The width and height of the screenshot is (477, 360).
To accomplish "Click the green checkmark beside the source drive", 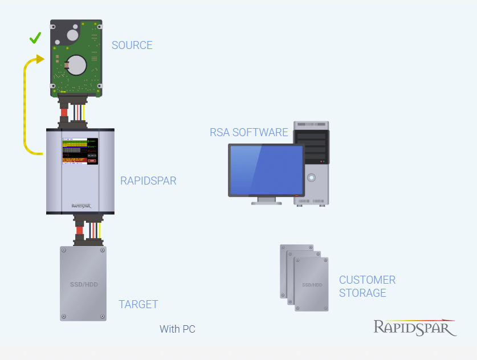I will click(x=35, y=38).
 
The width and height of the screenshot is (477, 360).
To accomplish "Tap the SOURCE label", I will click(x=132, y=46).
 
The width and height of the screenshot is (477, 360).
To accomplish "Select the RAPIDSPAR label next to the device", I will click(x=148, y=181).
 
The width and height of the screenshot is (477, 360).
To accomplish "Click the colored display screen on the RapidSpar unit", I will click(x=79, y=151).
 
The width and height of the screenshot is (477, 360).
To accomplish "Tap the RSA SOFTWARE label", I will click(x=249, y=133).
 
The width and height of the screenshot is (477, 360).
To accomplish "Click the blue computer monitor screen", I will click(x=266, y=170).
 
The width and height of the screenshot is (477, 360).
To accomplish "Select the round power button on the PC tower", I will click(x=311, y=177).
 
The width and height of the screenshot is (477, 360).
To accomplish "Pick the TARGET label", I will click(x=138, y=304).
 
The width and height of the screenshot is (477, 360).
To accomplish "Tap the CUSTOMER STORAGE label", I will click(x=367, y=287).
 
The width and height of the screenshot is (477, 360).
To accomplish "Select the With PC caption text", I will click(x=177, y=329).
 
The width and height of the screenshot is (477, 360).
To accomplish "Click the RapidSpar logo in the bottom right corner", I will click(x=414, y=328).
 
